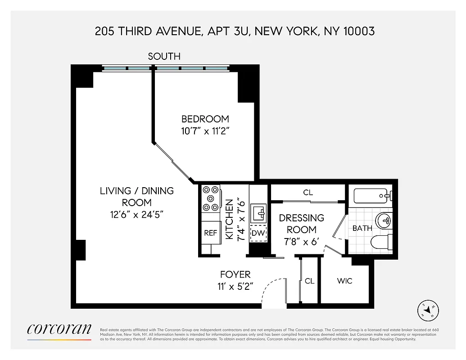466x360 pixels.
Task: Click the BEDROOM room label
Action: coord(205,119)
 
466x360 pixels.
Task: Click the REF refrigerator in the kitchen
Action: coord(211,233)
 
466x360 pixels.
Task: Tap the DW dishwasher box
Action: coord(258,233)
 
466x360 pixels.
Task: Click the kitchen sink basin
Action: coord(258,212)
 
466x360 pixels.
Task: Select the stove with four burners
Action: coord(210,198)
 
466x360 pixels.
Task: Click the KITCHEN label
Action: coord(230,219)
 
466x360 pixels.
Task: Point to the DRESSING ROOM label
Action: coord(301,224)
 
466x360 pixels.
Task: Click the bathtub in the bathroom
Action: coord(372,196)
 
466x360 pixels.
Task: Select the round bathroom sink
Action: coord(384,220)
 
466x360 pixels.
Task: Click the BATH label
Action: coord(362,228)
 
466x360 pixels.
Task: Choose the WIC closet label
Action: coord(344,281)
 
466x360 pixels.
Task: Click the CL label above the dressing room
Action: coord(308,193)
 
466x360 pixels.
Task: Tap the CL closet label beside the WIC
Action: coord(309,281)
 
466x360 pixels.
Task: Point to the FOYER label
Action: coord(235,274)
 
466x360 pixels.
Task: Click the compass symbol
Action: coord(428,310)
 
